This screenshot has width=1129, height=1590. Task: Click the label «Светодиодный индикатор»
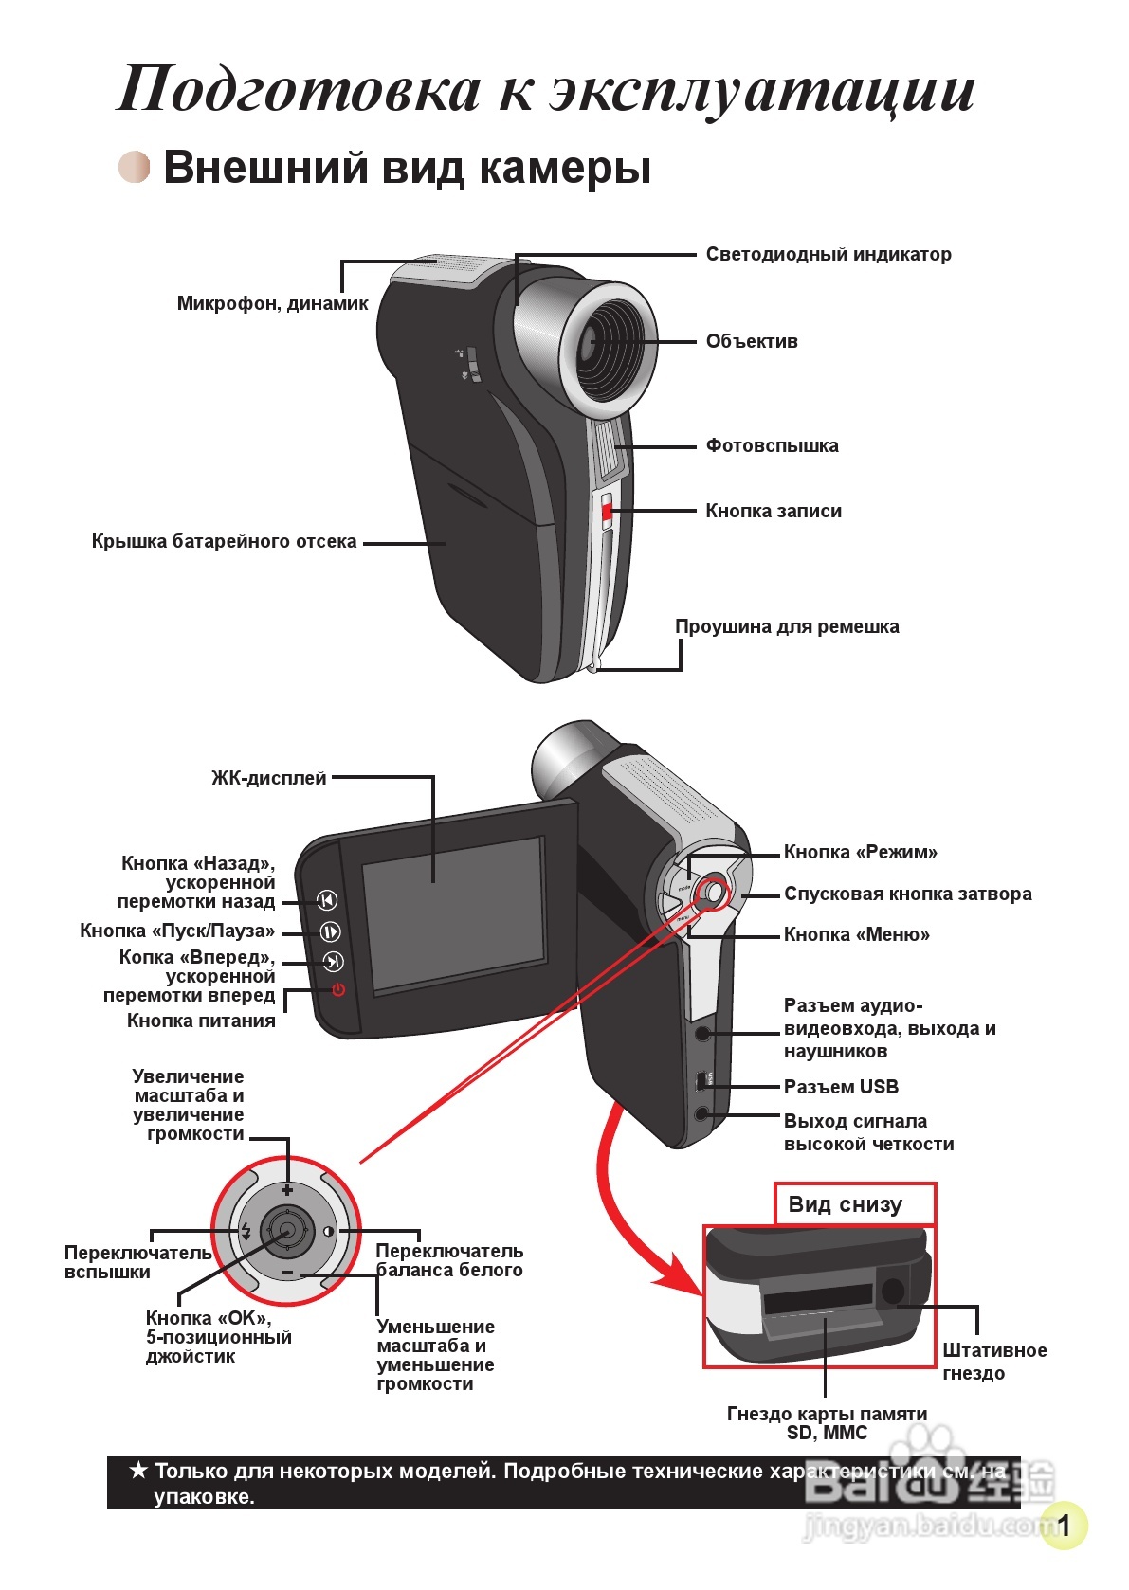click(x=828, y=254)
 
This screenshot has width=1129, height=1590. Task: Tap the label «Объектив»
click(x=752, y=341)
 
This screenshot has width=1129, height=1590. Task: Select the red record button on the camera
click(x=606, y=513)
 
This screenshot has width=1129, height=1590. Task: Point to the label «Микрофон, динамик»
click(x=272, y=303)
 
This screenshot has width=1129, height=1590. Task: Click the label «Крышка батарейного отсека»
click(x=224, y=541)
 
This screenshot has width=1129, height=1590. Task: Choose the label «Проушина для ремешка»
click(x=786, y=626)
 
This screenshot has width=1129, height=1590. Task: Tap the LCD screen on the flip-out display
click(x=454, y=912)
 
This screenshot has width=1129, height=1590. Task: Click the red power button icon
click(x=338, y=990)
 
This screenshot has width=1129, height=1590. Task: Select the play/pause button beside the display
click(x=329, y=931)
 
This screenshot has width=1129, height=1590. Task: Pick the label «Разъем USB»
click(x=841, y=1087)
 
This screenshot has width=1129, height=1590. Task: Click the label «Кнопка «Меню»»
click(x=856, y=934)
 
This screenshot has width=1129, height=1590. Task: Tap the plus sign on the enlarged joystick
click(x=287, y=1189)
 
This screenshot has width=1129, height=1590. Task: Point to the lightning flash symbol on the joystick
click(x=246, y=1232)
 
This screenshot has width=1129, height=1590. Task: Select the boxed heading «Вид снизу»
click(x=845, y=1204)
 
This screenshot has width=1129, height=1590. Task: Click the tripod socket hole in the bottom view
click(x=892, y=1290)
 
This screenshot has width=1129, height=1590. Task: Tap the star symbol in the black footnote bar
click(x=138, y=1471)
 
